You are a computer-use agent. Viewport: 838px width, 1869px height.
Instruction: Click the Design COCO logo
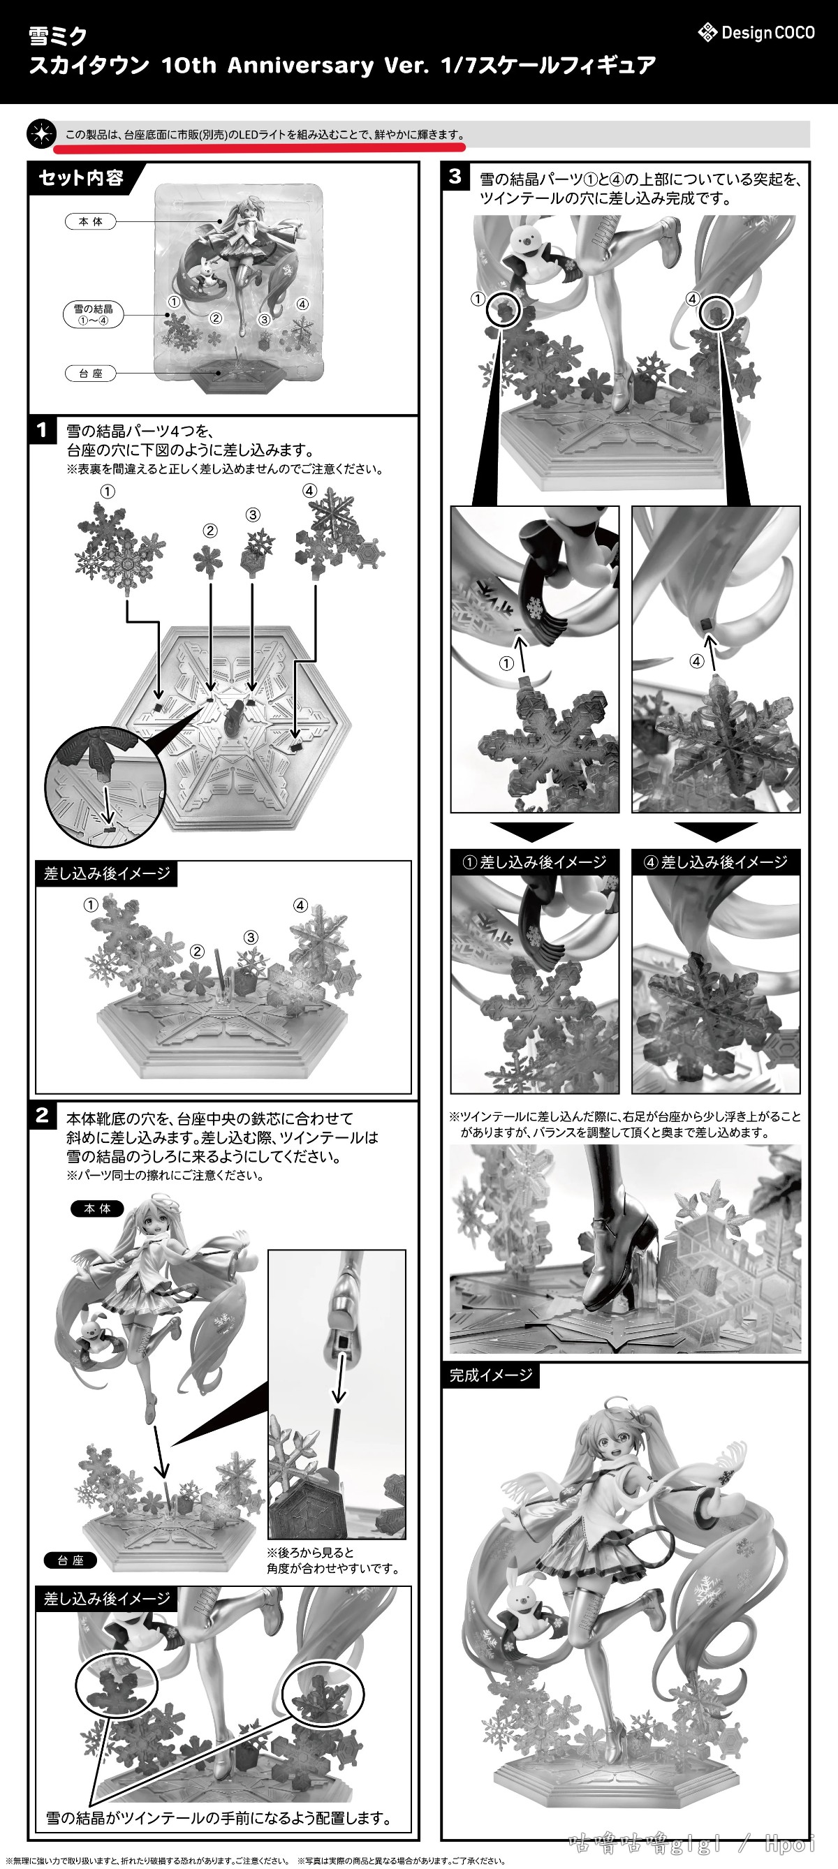756,33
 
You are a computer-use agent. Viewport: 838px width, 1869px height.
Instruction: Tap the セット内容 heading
81,178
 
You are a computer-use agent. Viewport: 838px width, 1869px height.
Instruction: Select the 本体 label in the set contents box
91,221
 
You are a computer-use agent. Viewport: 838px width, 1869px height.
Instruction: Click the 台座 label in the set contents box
91,374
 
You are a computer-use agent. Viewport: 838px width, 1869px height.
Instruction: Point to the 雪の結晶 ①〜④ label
93,314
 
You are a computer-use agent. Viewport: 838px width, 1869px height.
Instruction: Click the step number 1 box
43,430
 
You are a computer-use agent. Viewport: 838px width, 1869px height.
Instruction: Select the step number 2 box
43,1114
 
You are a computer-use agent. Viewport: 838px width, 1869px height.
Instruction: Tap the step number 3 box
455,177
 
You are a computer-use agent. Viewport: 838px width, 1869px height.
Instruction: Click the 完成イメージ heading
490,1375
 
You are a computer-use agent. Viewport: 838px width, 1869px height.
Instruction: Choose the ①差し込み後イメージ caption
535,862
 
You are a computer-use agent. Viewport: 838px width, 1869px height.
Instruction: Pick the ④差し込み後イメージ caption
716,862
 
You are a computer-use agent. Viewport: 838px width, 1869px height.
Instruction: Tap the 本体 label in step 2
97,1209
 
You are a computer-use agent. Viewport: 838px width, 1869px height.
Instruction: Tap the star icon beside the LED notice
41,134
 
